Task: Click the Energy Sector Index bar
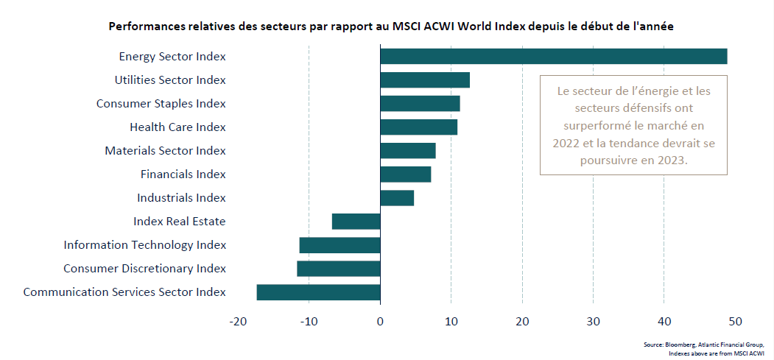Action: (553, 57)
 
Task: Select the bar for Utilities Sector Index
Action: (425, 80)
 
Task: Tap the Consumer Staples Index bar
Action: (420, 104)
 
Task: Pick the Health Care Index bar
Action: (418, 127)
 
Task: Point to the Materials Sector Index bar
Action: (408, 151)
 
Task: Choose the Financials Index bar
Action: (406, 174)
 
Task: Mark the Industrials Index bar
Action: (397, 198)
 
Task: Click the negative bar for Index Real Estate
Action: (356, 222)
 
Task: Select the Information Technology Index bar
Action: (340, 245)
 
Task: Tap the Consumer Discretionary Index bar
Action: (339, 269)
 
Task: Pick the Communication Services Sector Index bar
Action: (318, 292)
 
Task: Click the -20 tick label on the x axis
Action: (237, 322)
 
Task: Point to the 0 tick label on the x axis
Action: (380, 322)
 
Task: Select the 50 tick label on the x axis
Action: (735, 322)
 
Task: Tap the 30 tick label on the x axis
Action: (593, 322)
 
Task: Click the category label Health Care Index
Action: (177, 127)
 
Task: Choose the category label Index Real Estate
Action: (179, 222)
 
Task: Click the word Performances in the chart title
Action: (146, 26)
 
